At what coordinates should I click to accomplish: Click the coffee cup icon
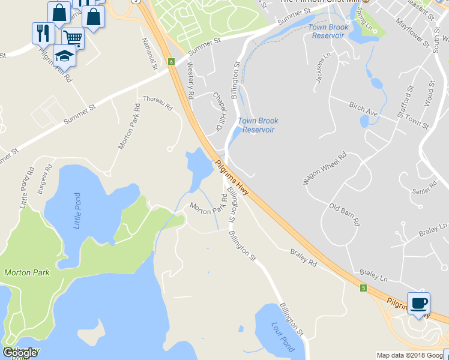pyautogui.click(x=418, y=302)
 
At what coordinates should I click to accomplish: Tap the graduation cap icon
pyautogui.click(x=64, y=56)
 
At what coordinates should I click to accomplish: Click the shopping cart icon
pyautogui.click(x=73, y=38)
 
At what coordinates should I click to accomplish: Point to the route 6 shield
pyautogui.click(x=171, y=61)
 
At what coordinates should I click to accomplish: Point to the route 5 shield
pyautogui.click(x=363, y=288)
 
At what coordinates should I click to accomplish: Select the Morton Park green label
pyautogui.click(x=26, y=272)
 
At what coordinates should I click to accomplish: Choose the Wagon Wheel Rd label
pyautogui.click(x=325, y=169)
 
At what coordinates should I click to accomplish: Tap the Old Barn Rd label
pyautogui.click(x=344, y=214)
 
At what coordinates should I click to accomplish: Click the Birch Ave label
pyautogui.click(x=363, y=109)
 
